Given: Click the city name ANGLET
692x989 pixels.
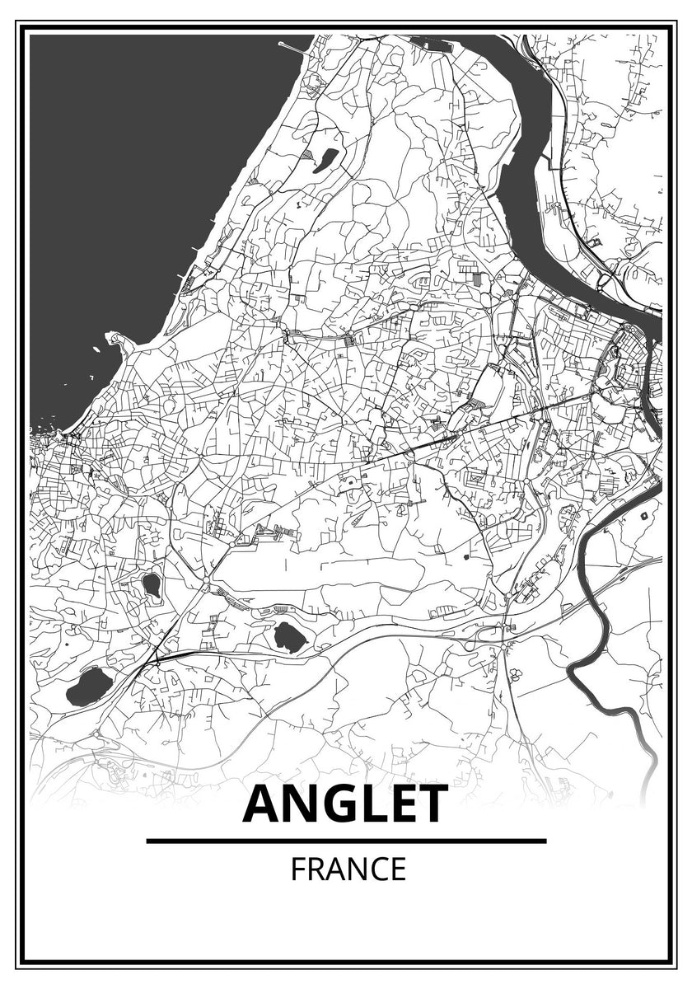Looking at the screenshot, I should click(x=346, y=804).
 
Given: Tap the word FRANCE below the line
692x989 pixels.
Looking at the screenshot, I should click(x=348, y=869).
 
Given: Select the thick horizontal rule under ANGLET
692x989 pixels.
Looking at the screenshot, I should click(x=346, y=841).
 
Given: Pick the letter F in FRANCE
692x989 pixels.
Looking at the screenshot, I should click(x=296, y=869).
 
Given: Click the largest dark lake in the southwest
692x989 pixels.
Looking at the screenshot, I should click(x=89, y=686).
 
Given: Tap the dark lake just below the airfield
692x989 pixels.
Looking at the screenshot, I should click(x=288, y=635).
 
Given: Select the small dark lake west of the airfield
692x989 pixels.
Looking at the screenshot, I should click(x=151, y=584).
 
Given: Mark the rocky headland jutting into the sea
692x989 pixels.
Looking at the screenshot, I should click(x=116, y=339).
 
